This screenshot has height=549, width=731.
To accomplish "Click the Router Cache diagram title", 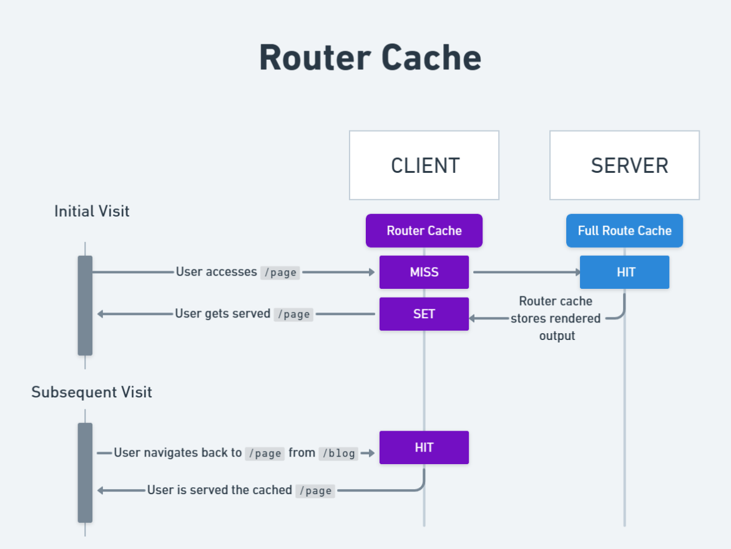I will (370, 58).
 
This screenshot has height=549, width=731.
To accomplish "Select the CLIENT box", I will (424, 165).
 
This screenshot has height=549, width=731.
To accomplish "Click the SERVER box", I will (624, 165).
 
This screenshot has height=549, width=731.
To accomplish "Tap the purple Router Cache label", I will (424, 231).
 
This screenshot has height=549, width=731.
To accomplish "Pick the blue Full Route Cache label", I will (624, 231).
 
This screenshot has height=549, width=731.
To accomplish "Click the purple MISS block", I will (424, 272).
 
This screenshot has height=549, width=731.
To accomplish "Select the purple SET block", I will (424, 314).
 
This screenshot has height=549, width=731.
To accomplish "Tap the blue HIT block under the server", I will (624, 272).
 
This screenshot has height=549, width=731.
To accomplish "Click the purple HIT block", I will (424, 447).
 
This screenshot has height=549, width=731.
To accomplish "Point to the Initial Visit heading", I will (92, 211).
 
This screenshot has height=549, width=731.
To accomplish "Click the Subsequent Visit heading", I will (92, 392).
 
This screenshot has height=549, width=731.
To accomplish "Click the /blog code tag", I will (338, 454).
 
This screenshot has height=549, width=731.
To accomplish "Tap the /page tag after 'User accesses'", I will (280, 273).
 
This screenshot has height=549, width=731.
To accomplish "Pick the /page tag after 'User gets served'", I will (293, 314).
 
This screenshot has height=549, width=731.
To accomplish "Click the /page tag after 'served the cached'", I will (315, 491).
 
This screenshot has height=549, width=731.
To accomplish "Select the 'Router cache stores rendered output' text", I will (556, 318).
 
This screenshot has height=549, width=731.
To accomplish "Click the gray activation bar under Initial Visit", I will (85, 305).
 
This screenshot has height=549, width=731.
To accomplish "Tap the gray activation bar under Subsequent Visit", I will (85, 472).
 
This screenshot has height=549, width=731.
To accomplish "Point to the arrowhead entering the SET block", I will (473, 318).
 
